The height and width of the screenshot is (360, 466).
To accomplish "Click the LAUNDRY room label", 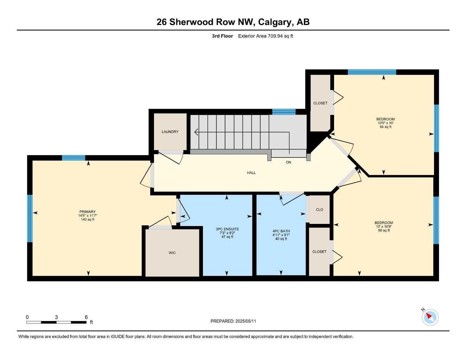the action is pyautogui.click(x=170, y=131).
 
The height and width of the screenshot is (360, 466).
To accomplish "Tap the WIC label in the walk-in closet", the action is pyautogui.click(x=172, y=253).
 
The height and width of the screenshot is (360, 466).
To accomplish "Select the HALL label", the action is pyautogui.click(x=251, y=173).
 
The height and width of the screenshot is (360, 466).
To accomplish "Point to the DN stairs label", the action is pyautogui.click(x=288, y=162).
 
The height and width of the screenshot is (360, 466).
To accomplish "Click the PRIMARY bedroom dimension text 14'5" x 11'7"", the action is pyautogui.click(x=88, y=216).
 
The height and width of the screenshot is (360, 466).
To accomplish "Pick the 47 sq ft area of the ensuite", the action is pyautogui.click(x=227, y=237).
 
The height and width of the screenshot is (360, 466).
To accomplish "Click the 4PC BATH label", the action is pyautogui.click(x=281, y=231).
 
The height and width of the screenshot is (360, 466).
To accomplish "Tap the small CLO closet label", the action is pyautogui.click(x=320, y=210).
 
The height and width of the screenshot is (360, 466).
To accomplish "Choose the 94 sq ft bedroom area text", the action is pyautogui.click(x=385, y=127).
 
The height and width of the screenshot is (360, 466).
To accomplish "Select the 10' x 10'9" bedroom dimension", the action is pyautogui.click(x=384, y=226).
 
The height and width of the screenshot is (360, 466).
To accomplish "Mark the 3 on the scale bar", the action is pyautogui.click(x=56, y=317).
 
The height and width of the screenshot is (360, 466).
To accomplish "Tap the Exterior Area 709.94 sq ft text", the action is pyautogui.click(x=266, y=36).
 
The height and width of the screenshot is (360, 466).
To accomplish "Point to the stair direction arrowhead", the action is pyautogui.click(x=196, y=132).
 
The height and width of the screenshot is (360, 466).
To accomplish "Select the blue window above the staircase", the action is pyautogui.click(x=284, y=112).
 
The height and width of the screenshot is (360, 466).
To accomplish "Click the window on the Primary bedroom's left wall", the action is pyautogui.click(x=30, y=218).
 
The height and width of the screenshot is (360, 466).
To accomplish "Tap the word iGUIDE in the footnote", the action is pyautogui.click(x=118, y=337).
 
